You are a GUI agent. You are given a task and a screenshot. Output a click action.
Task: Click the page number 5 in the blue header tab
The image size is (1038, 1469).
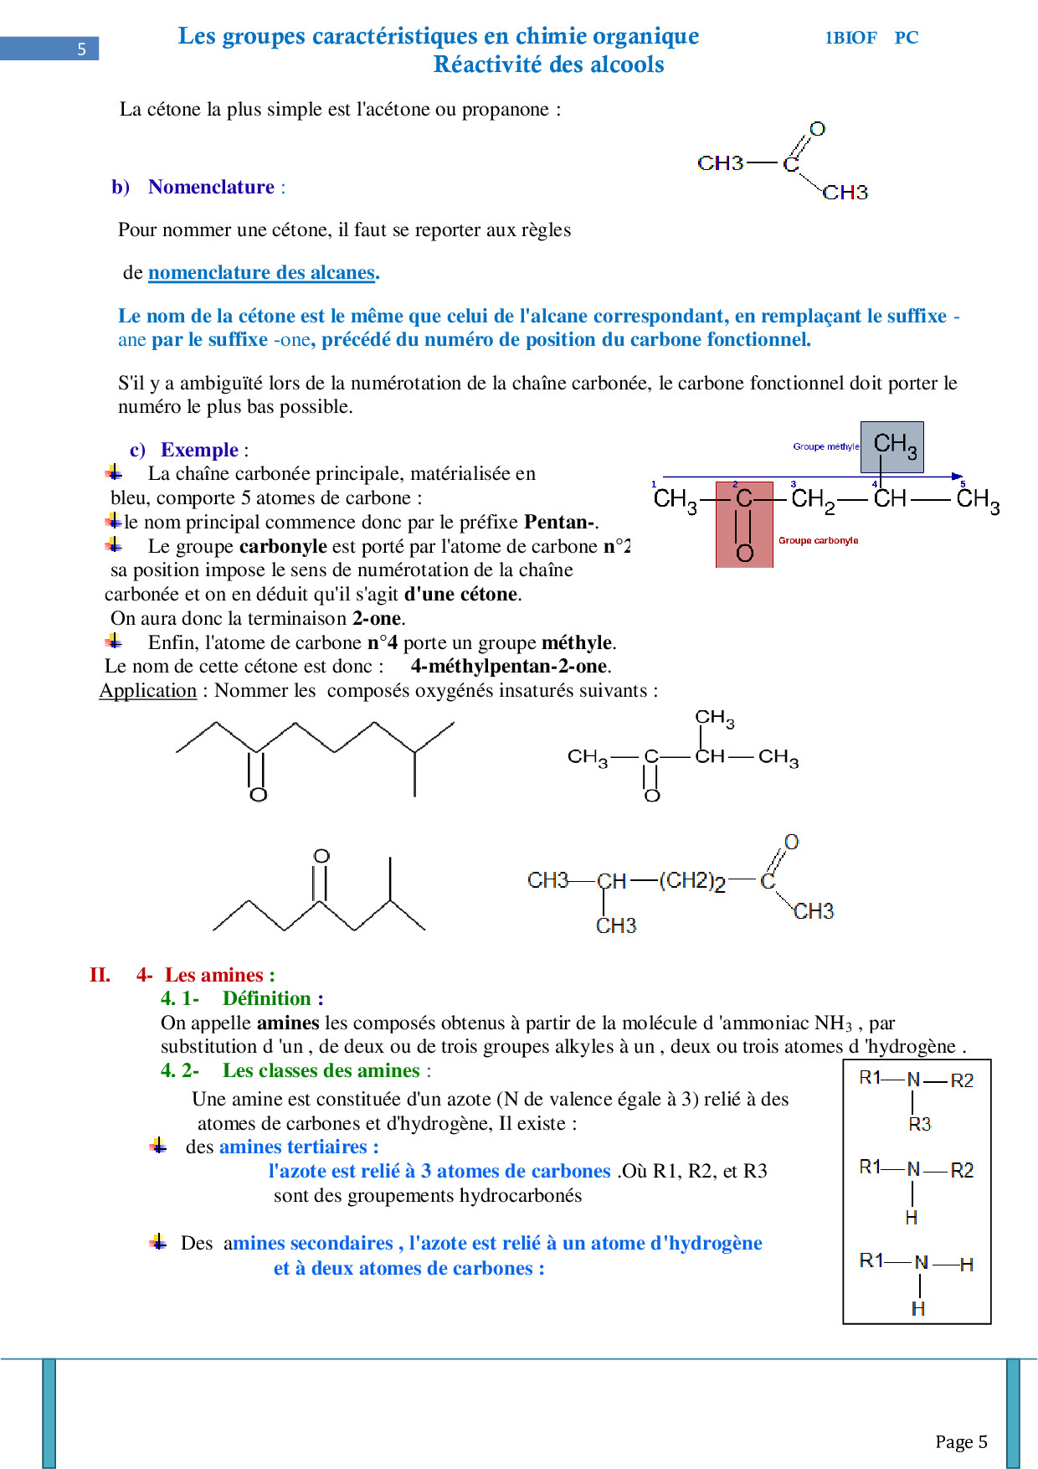point(81,49)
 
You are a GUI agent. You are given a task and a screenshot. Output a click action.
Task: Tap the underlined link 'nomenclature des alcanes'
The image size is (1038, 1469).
point(261,273)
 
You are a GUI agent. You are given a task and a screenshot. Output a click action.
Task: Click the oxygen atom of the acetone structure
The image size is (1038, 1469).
point(817,129)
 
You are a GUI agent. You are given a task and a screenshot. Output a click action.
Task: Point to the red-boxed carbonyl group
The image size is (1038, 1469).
point(744,524)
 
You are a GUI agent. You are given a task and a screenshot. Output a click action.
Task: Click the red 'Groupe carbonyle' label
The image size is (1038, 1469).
point(818,541)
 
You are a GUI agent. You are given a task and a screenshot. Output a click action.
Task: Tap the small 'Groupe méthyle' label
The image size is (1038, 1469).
point(825,447)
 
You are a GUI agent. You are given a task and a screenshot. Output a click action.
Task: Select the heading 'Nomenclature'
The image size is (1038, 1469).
point(211,188)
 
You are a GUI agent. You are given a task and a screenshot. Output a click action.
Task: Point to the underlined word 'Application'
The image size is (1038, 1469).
point(147,691)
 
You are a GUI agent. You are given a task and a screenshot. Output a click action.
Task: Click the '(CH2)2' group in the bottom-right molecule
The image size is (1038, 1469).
point(691,881)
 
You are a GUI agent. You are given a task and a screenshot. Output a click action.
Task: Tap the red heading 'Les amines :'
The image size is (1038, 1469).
point(219,975)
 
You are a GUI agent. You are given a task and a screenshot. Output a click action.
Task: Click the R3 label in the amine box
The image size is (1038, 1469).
point(919,1124)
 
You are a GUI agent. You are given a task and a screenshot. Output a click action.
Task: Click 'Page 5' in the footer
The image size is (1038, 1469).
point(961,1441)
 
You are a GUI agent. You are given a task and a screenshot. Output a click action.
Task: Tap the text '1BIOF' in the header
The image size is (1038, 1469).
point(850,38)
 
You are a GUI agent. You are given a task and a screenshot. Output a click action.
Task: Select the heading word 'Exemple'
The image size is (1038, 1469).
point(199,451)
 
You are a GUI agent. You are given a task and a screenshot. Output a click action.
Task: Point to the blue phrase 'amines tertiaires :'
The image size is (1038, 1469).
point(299,1147)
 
